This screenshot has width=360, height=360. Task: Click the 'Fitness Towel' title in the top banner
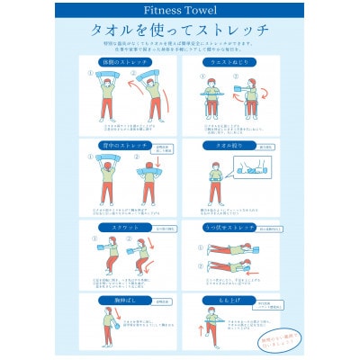tap(180, 10)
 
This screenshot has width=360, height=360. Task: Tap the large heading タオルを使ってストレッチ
tap(180, 31)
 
